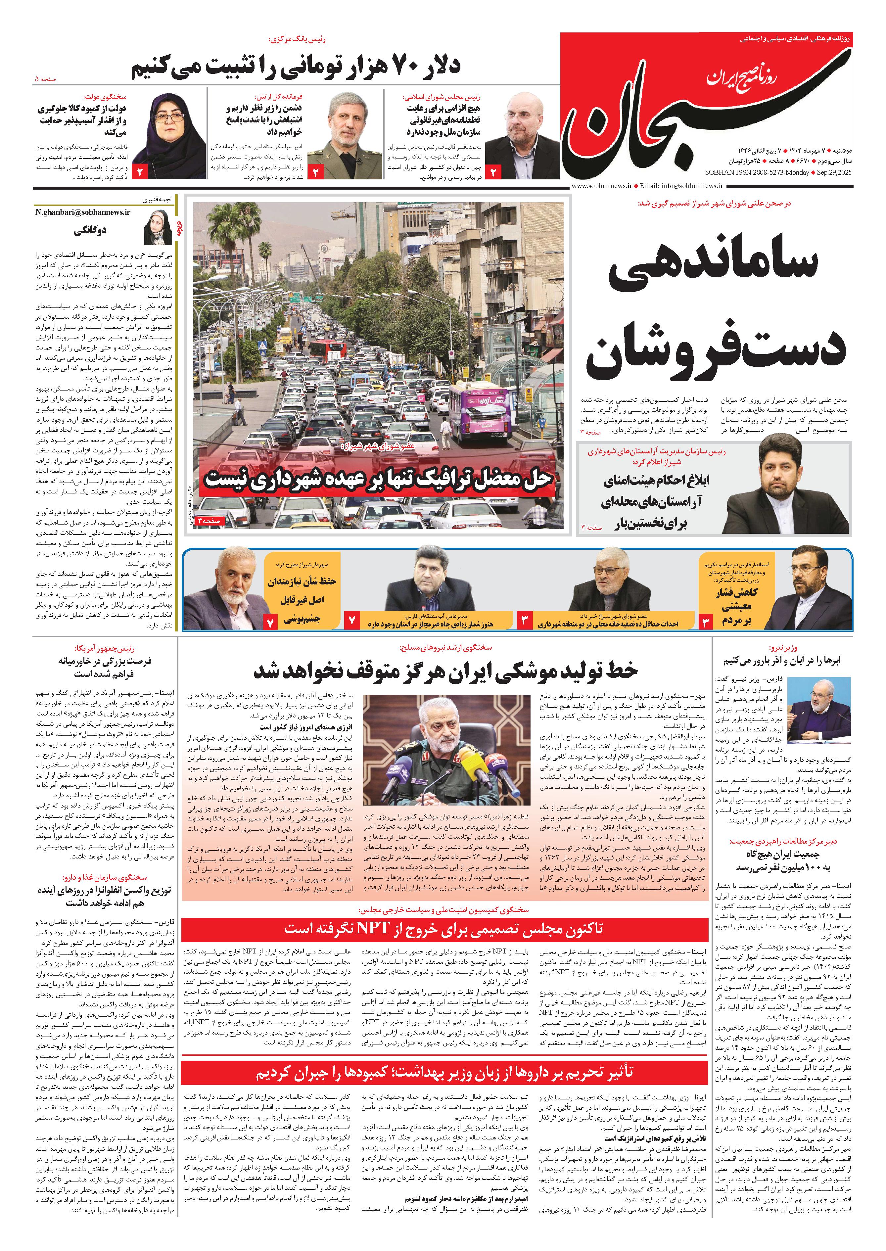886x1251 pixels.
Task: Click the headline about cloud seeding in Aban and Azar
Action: click(x=782, y=660)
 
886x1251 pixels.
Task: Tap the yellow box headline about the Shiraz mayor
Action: click(x=302, y=600)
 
